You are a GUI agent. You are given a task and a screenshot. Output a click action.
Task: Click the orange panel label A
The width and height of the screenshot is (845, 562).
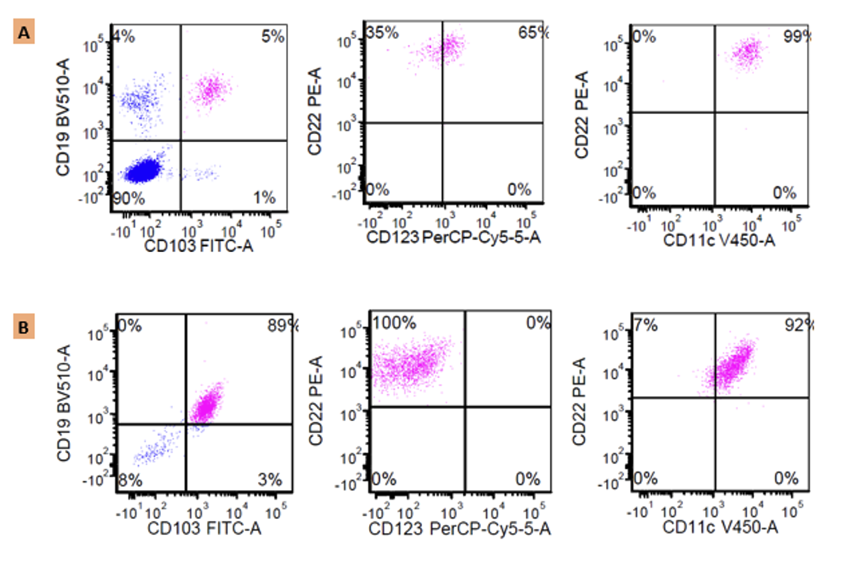[23, 31]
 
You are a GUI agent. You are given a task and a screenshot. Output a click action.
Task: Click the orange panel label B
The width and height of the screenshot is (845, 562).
[23, 327]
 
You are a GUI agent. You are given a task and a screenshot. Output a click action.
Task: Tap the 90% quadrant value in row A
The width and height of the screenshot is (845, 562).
[129, 199]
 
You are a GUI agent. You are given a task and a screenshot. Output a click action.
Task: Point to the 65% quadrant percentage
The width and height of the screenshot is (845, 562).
[532, 33]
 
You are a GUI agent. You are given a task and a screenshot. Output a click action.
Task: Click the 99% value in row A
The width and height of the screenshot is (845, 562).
[796, 37]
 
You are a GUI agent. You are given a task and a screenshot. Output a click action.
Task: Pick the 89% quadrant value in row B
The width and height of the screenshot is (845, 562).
[282, 326]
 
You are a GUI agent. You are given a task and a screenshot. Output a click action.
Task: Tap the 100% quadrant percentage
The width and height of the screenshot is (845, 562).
[394, 323]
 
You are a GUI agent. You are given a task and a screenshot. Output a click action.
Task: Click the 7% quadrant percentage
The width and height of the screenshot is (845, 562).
[646, 325]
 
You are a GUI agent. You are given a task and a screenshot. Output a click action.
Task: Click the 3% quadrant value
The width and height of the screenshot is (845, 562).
[270, 480]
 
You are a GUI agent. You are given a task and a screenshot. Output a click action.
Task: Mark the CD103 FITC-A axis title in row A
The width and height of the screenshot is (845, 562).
[198, 247]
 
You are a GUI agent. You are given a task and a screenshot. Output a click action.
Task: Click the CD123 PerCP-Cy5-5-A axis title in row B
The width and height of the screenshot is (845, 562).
[459, 529]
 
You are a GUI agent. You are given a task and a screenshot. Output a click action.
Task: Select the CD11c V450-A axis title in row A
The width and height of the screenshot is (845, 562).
[719, 240]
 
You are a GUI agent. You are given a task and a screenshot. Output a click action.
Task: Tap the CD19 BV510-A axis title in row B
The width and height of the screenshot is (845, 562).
[64, 403]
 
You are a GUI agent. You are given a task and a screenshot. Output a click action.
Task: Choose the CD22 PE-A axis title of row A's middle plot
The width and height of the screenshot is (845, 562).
[315, 112]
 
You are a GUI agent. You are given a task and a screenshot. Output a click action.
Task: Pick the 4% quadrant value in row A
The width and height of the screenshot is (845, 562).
[124, 36]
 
